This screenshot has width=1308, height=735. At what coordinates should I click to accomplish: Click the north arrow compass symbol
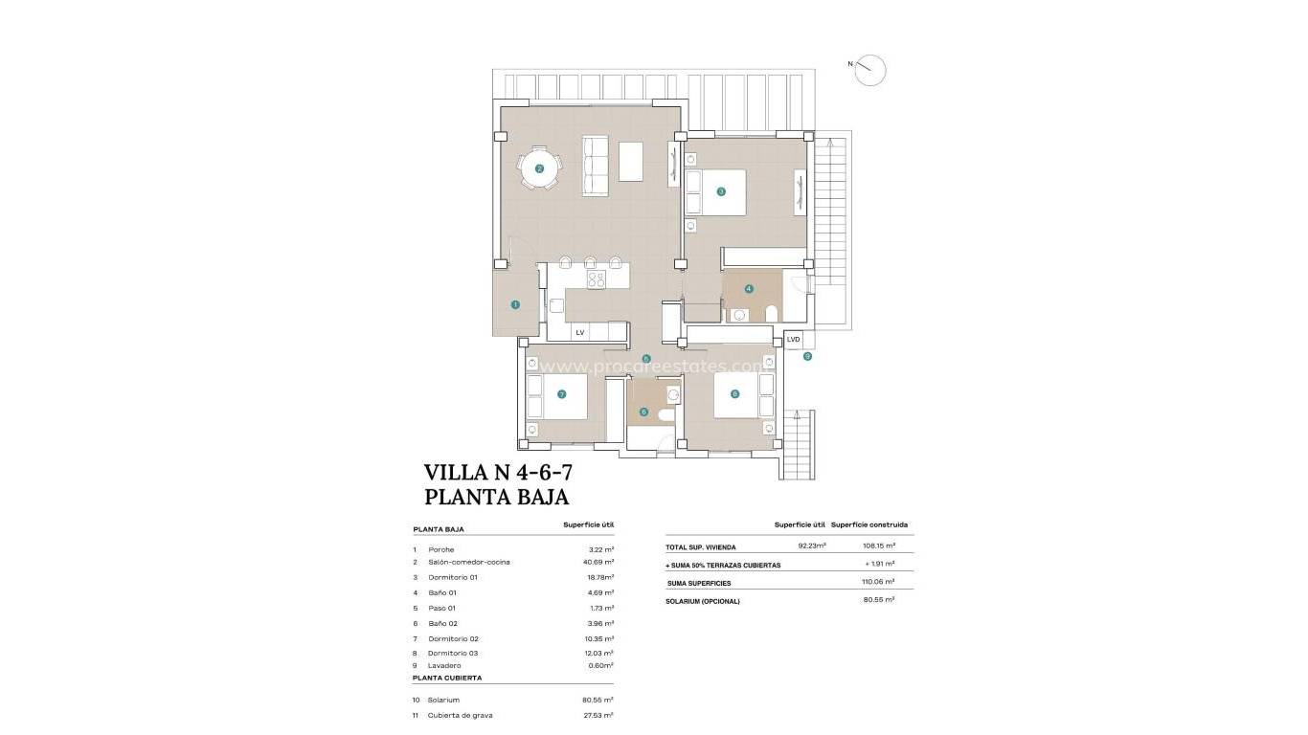(870, 70)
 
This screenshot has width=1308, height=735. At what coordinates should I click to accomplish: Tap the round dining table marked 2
(539, 169)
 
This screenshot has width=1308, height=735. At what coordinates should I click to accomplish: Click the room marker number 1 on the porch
(515, 305)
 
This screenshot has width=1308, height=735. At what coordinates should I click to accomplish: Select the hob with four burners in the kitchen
(596, 279)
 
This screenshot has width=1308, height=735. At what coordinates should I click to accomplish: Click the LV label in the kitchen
(579, 333)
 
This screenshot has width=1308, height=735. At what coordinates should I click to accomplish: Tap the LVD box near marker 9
(793, 340)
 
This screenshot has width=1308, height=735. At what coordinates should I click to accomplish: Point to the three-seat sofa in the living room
(596, 167)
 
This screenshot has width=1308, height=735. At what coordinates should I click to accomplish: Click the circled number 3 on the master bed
(721, 190)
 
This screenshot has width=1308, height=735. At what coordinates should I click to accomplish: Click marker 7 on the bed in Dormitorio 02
(562, 393)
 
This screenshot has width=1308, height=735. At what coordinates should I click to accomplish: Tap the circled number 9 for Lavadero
(807, 356)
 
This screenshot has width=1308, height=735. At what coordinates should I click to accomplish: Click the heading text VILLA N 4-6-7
(498, 472)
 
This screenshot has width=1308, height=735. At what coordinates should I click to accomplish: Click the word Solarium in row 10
(443, 700)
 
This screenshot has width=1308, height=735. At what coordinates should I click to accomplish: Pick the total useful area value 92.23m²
(811, 546)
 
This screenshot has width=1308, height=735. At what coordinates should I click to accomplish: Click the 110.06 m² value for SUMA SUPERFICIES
(877, 582)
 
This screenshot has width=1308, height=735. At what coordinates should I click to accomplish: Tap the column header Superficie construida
(869, 524)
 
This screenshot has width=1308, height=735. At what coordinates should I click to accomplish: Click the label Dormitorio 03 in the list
(452, 653)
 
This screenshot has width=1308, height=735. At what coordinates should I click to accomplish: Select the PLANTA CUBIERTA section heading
(446, 678)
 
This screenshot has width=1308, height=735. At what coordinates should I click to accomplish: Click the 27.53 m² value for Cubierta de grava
(598, 715)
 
